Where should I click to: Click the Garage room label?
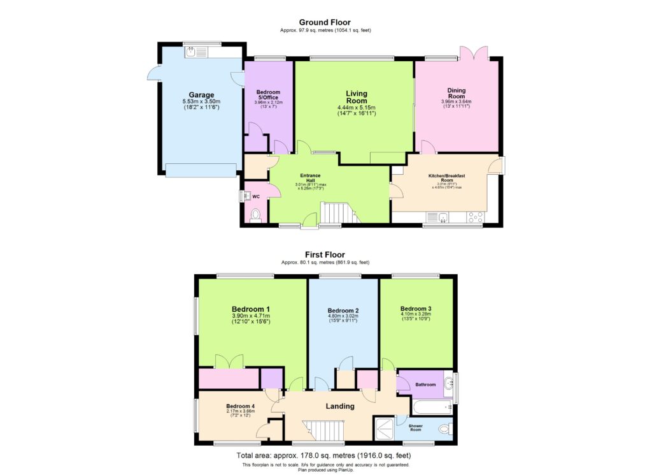201,95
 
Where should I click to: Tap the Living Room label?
357,98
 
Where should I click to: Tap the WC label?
256,197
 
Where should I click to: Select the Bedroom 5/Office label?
268,95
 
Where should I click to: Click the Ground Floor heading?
325,22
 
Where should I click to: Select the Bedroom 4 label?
241,406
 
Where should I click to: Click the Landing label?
340,406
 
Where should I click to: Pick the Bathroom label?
425,384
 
